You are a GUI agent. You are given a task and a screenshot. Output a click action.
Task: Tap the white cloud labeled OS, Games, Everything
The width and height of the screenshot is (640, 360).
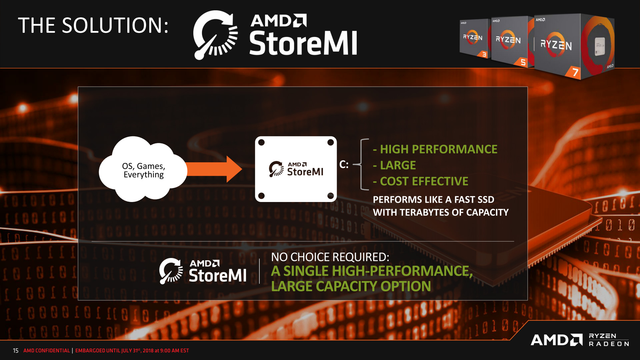pyautogui.click(x=143, y=170)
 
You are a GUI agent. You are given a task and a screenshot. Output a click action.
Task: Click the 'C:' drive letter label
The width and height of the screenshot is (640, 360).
pyautogui.click(x=344, y=164)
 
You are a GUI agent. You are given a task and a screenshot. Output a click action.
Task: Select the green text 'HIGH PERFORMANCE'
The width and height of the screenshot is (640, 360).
pyautogui.click(x=438, y=149)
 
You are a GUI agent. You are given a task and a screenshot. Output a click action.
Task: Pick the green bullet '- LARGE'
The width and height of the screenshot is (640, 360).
pyautogui.click(x=394, y=165)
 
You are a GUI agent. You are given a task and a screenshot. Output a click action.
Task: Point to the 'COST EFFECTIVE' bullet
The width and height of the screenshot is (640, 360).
pyautogui.click(x=424, y=181)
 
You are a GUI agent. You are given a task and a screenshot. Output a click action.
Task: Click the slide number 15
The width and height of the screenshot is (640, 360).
pyautogui.click(x=16, y=351)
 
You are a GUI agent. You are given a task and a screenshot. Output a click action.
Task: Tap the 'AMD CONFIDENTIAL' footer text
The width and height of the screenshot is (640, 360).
pyautogui.click(x=47, y=351)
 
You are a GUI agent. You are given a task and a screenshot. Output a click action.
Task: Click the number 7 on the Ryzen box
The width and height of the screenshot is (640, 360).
pyautogui.click(x=575, y=72)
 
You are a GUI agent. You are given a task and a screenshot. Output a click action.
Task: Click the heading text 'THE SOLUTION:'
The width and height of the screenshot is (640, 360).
pyautogui.click(x=93, y=25)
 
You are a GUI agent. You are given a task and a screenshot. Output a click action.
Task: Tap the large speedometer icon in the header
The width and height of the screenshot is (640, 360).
pyautogui.click(x=215, y=35)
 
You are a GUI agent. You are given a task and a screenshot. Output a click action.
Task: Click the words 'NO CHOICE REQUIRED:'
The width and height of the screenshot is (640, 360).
pyautogui.click(x=330, y=257)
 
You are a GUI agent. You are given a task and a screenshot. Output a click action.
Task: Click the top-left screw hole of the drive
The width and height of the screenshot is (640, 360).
pyautogui.click(x=261, y=142)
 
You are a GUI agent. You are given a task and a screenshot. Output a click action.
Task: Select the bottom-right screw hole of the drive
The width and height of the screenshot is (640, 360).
pyautogui.click(x=330, y=196)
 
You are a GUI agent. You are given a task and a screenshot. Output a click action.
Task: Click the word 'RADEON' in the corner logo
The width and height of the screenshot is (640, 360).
pyautogui.click(x=609, y=344)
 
